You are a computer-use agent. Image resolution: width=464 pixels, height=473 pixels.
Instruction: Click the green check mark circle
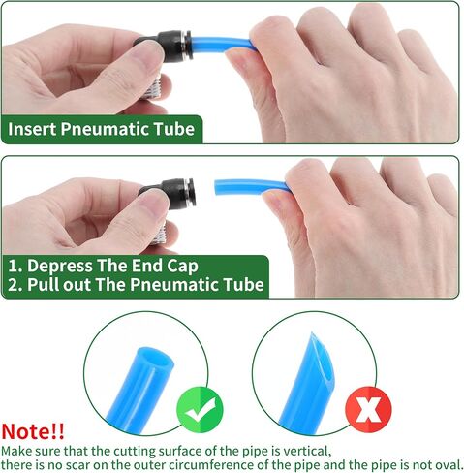coord(200,409)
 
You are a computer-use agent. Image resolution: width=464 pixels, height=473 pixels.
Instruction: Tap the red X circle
coord(368,409)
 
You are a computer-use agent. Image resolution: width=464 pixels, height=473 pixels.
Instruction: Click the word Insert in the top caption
coord(32,129)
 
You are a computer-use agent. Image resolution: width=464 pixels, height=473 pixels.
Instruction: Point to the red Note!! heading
coord(33,431)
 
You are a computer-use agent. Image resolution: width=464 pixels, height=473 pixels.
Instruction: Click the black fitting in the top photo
coord(167,47)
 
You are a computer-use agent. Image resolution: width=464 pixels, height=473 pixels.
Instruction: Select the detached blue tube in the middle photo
coord(252,186)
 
